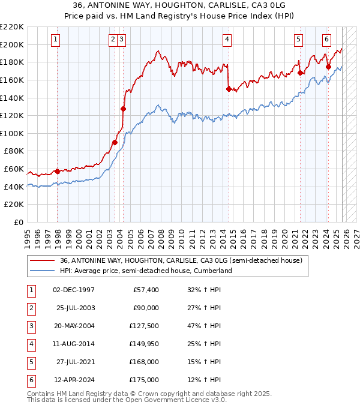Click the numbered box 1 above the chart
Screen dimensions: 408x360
point(55,40)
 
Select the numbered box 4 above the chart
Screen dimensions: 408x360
point(228,40)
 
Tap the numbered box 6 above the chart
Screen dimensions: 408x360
point(326,40)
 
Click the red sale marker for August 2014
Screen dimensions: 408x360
point(229,89)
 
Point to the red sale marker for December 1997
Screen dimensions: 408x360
point(57,171)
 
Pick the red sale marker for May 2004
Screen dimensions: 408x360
point(123,109)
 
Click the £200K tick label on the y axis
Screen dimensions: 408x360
point(12,44)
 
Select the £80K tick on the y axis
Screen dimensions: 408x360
point(14,151)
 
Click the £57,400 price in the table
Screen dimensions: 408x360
point(145,290)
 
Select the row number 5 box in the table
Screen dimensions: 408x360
point(31,362)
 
